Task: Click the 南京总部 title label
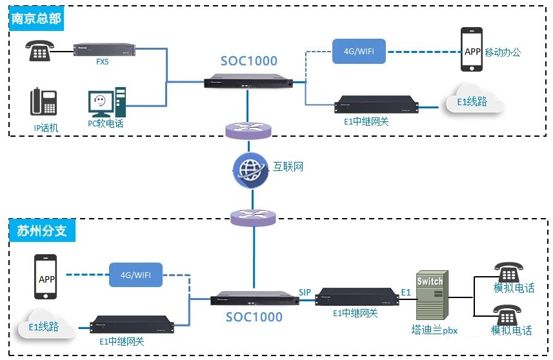pyautogui.click(x=36, y=19)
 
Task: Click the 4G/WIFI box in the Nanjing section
pyautogui.click(x=359, y=51)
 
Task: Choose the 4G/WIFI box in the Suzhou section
pyautogui.click(x=136, y=275)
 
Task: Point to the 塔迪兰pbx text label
pyautogui.click(x=434, y=330)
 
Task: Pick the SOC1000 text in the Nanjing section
pyautogui.click(x=249, y=61)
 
